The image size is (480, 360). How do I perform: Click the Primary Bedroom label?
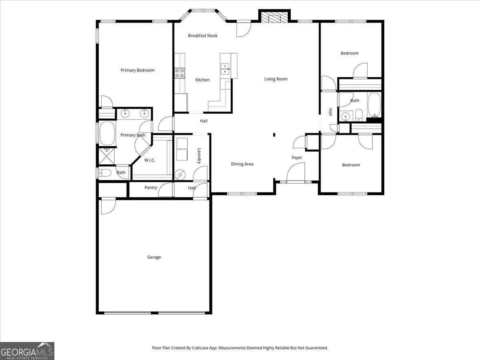[137, 70]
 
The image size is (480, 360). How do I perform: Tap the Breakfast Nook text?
[202, 36]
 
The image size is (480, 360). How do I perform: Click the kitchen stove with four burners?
[180, 73]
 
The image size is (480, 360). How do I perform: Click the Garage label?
[154, 257]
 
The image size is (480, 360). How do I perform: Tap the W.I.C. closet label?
[150, 160]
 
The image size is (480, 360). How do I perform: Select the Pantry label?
[151, 188]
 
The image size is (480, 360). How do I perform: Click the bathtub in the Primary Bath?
[107, 134]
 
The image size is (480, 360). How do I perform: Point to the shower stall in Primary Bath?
[106, 156]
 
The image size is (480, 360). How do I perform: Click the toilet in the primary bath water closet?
[105, 173]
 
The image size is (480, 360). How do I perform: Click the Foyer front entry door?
[296, 173]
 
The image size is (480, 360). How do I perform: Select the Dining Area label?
[242, 164]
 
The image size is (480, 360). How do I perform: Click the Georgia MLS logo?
[27, 351]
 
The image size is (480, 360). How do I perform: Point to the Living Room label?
[276, 79]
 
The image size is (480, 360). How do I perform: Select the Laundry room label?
[199, 156]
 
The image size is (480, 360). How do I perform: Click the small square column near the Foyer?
[274, 135]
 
